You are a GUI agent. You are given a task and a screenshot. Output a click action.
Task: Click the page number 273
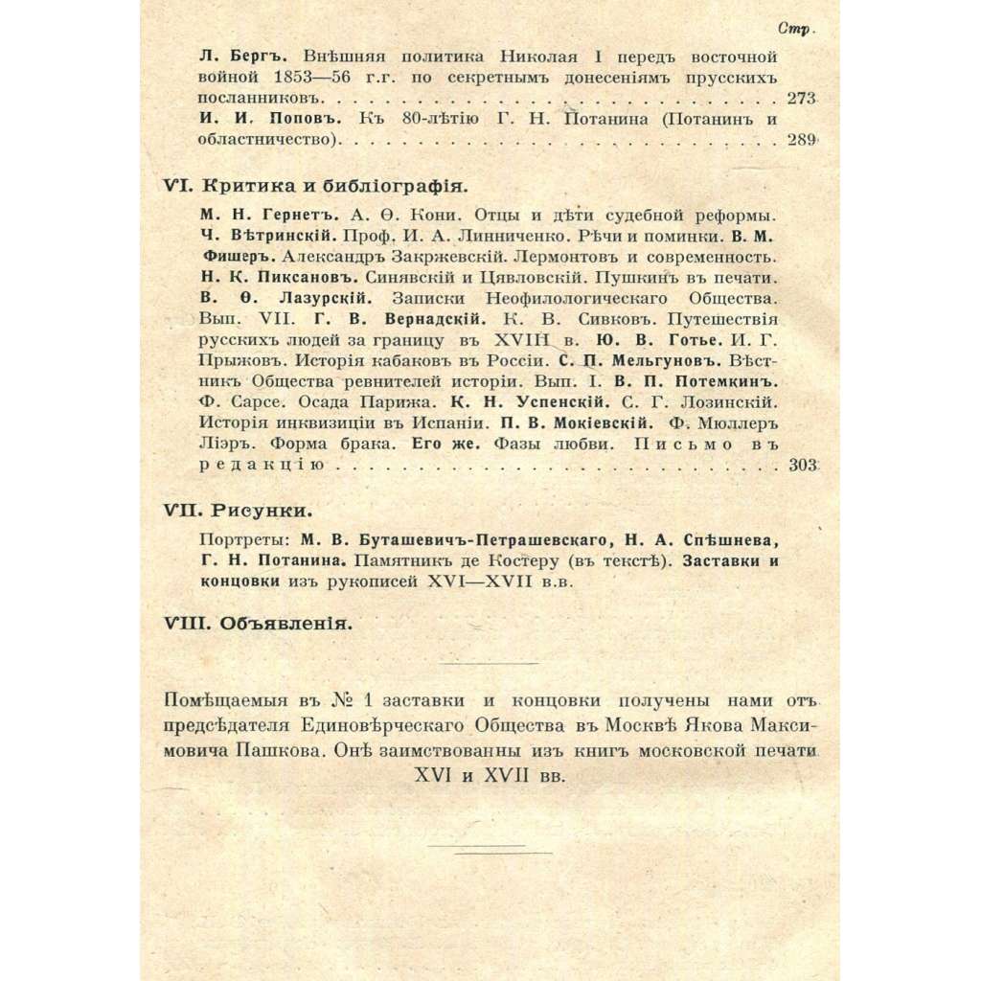click(x=801, y=98)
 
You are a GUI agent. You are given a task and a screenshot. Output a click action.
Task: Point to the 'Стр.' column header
click(x=796, y=30)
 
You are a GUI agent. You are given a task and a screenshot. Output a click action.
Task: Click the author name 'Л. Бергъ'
click(x=235, y=56)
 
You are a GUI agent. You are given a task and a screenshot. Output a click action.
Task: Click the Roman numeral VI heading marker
click(x=179, y=186)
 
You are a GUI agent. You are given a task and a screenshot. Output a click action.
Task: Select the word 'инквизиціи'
click(x=328, y=423)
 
